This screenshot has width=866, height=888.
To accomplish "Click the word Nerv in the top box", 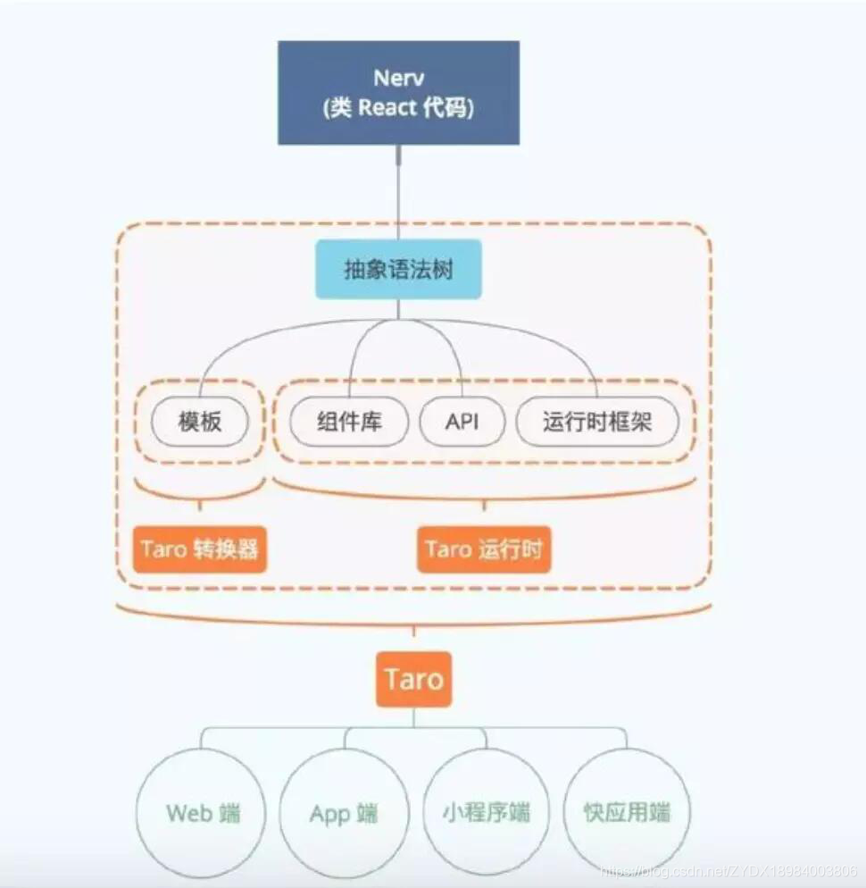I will point(398,77).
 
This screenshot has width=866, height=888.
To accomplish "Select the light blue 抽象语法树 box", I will point(398,269).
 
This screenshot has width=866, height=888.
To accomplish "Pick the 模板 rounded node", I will point(199,421).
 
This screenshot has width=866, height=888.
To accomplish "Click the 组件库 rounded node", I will point(349,421).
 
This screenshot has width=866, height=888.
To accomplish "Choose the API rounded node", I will point(462,421).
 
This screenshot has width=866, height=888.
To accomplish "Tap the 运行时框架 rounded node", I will point(597,421).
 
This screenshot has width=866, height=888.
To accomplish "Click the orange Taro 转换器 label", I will point(199,548).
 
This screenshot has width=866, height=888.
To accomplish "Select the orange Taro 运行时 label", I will point(483,548).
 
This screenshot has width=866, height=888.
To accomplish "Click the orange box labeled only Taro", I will point(413,679).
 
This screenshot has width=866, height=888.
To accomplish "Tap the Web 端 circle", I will point(203,813).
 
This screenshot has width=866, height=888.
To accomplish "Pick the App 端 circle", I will point(344,813).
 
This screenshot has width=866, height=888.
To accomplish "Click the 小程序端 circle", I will point(486,812).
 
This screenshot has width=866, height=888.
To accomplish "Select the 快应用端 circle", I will point(627,812).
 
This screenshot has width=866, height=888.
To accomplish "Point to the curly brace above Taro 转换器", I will point(201,492).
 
